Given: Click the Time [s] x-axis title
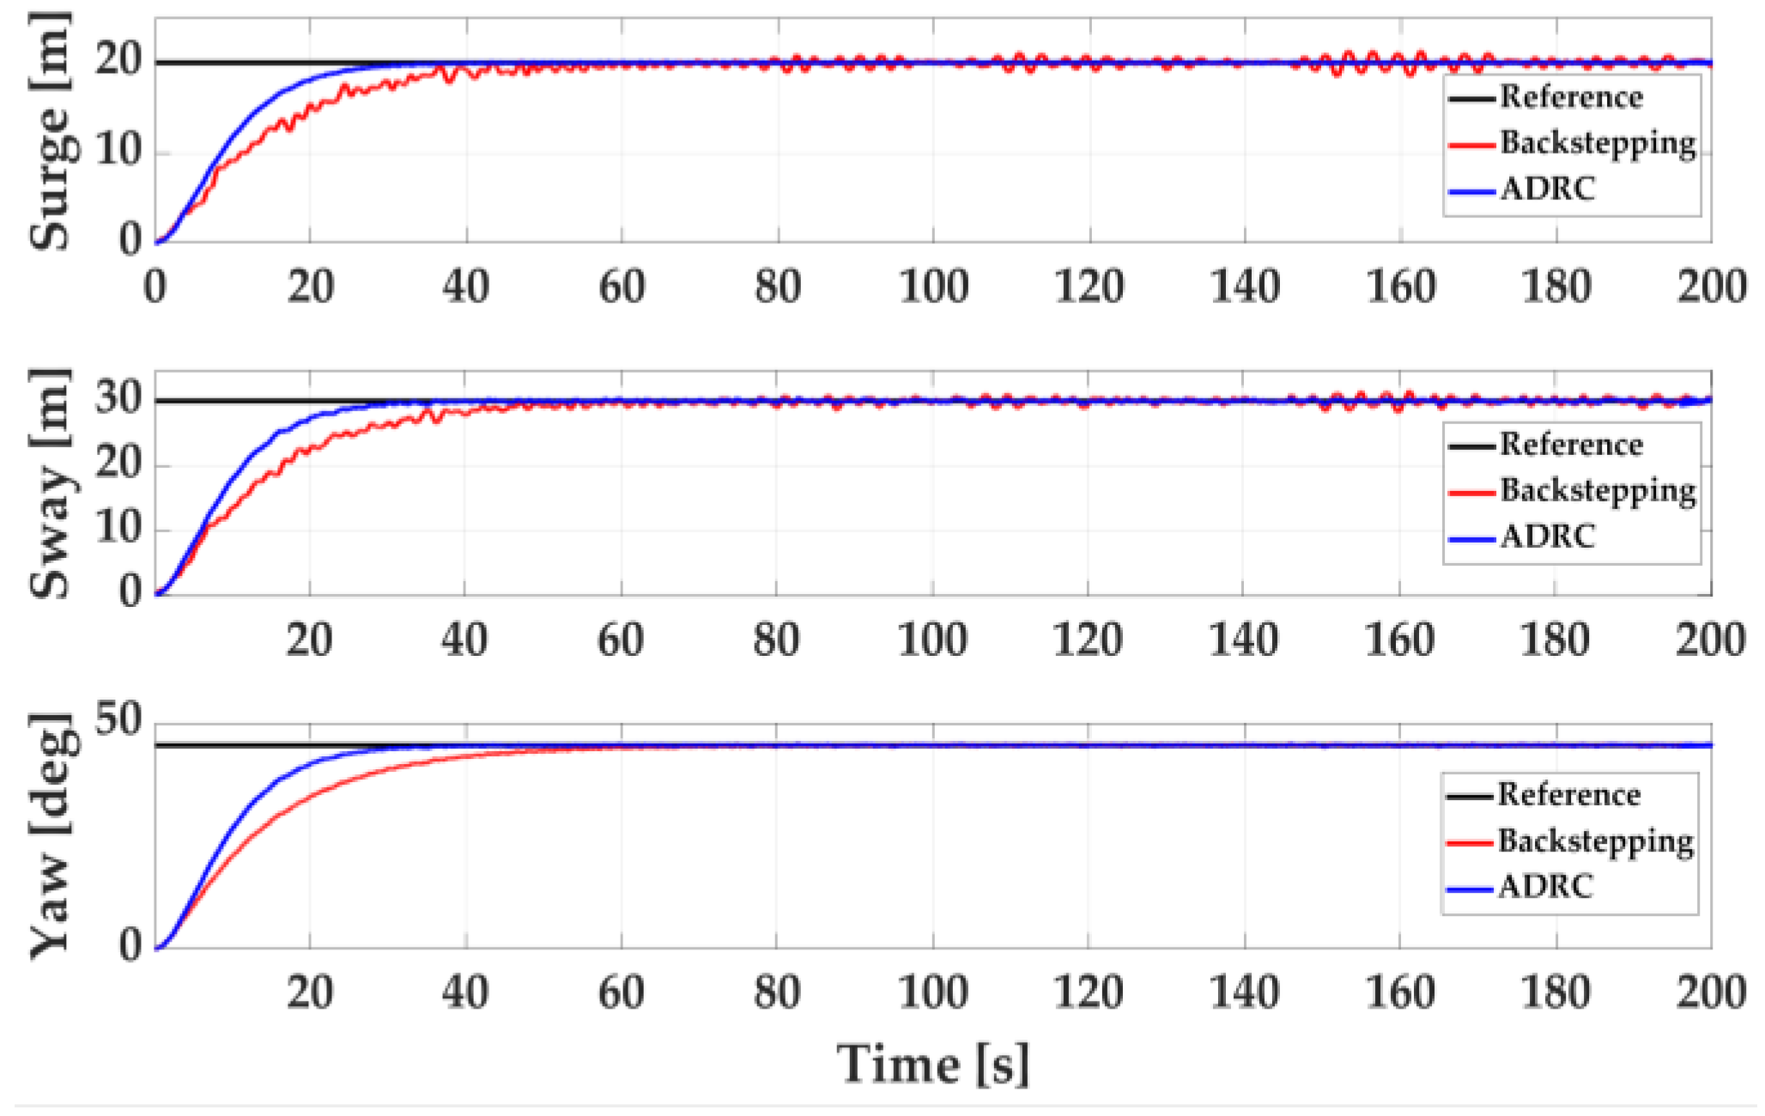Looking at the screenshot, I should pyautogui.click(x=932, y=1064).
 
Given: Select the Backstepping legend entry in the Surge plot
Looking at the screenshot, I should pyautogui.click(x=1598, y=143).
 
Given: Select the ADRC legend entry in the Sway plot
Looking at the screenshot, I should pyautogui.click(x=1547, y=537).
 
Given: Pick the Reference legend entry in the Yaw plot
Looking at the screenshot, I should pyautogui.click(x=1568, y=795).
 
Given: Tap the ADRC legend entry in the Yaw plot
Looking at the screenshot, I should pyautogui.click(x=1545, y=887).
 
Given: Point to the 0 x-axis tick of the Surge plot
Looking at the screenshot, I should pyautogui.click(x=155, y=286).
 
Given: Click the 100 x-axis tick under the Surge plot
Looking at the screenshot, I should pyautogui.click(x=933, y=286).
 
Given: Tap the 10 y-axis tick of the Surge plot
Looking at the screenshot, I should pyautogui.click(x=118, y=151).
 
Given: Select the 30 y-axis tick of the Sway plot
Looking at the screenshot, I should pyautogui.click(x=118, y=399).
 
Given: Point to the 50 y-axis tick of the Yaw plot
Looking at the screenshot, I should pyautogui.click(x=118, y=719).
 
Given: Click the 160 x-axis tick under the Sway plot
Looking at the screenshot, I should pyautogui.click(x=1399, y=640).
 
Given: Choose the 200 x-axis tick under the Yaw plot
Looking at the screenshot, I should pyautogui.click(x=1710, y=992).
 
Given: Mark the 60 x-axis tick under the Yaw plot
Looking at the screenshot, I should pyautogui.click(x=621, y=992).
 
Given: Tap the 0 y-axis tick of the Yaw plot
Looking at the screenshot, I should pyautogui.click(x=130, y=946).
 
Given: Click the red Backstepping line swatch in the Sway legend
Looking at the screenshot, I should pyautogui.click(x=1471, y=493).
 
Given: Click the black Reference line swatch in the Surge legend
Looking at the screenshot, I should pyautogui.click(x=1471, y=99).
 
